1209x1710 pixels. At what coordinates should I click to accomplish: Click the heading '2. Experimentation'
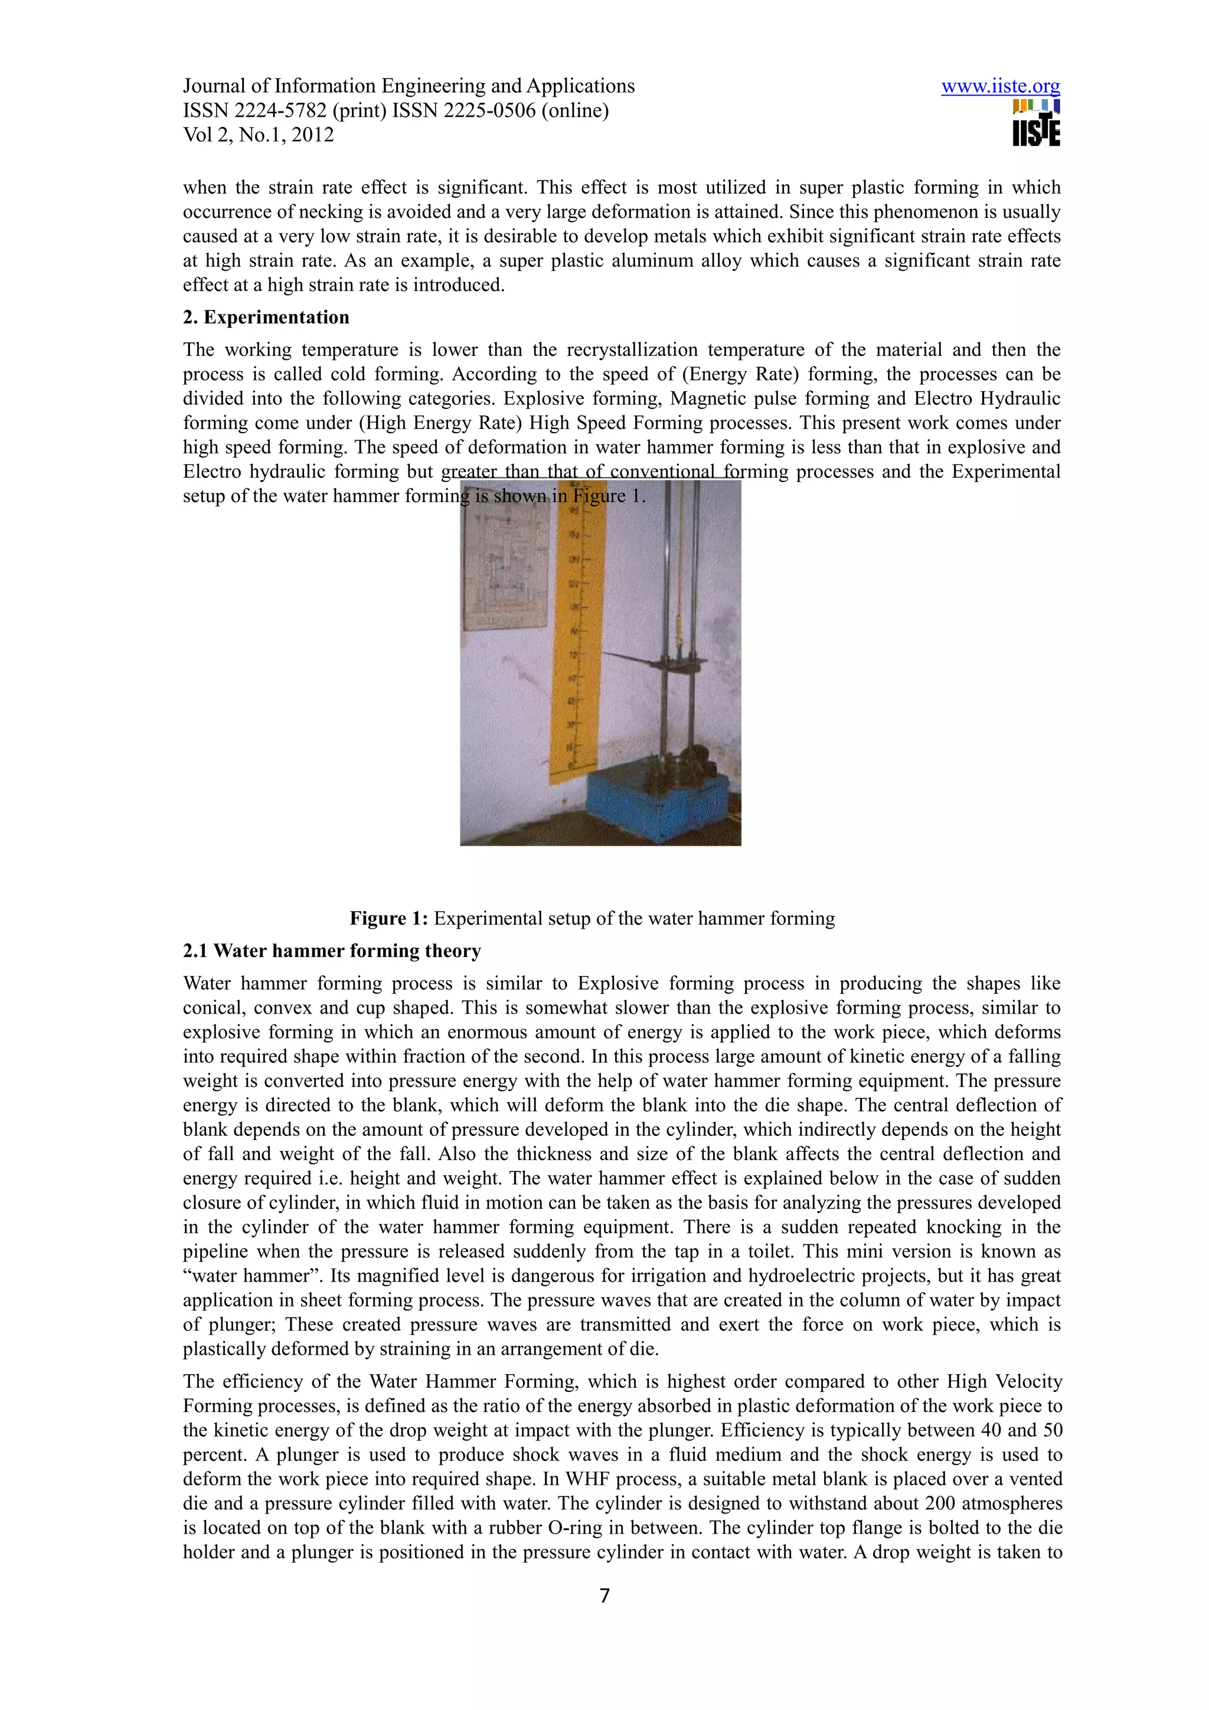266,317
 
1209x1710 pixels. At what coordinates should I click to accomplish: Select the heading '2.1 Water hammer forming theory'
332,951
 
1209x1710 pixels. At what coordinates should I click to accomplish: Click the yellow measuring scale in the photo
577,633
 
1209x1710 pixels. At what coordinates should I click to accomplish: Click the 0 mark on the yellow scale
571,765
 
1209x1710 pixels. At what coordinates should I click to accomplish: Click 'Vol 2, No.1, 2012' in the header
259,135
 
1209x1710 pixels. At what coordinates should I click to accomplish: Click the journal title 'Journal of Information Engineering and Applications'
409,86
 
